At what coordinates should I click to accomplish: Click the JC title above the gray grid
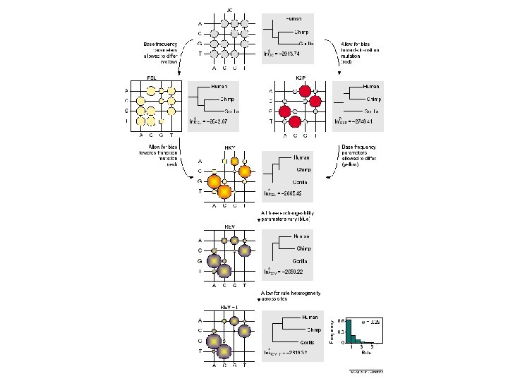pos(230,8)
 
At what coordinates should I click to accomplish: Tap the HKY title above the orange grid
pos(229,148)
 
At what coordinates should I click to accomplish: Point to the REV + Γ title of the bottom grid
pos(229,308)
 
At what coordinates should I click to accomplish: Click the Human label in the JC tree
pos(296,18)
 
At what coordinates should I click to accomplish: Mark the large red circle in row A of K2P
pos(304,90)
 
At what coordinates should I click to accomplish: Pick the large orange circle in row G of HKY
pos(214,181)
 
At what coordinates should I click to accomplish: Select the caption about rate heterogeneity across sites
pos(289,296)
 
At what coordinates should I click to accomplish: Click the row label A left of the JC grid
pos(199,22)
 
